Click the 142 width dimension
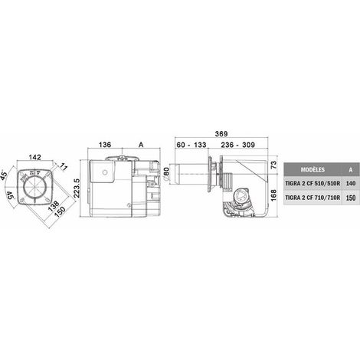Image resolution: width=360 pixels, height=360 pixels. coord(34,157)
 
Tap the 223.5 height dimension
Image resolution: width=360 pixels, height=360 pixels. coord(77,188)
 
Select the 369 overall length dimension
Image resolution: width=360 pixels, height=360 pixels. coord(221,133)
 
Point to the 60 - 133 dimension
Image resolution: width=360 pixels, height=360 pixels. coord(191,145)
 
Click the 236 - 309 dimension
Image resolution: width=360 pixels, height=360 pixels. coord(237,145)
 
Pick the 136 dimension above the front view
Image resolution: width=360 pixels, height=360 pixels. coord(105,145)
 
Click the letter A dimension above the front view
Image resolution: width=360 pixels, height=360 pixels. coord(141,145)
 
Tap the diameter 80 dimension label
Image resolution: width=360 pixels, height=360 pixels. coord(166,175)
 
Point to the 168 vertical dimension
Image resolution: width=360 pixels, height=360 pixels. coord(273,195)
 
